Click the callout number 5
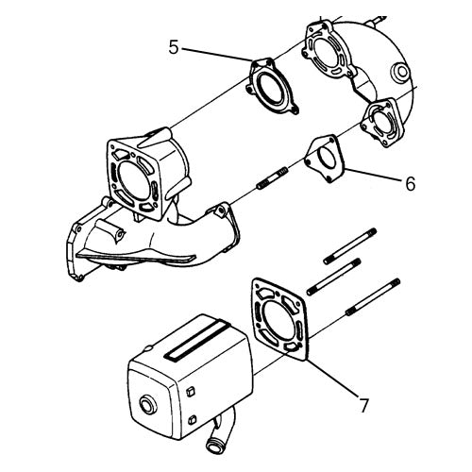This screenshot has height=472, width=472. [x=174, y=47]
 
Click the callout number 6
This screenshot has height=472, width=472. [x=410, y=183]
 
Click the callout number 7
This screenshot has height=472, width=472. [x=363, y=405]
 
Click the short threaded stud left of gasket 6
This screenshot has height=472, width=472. [x=272, y=178]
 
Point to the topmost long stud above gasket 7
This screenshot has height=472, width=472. [x=350, y=246]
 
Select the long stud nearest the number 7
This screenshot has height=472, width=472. [x=373, y=296]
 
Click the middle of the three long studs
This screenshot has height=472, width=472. [x=333, y=277]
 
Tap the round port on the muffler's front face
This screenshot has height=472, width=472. [x=148, y=405]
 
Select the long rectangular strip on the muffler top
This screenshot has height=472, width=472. [x=197, y=340]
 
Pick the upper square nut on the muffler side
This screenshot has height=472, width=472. [x=191, y=392]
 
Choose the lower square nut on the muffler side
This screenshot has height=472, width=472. [x=192, y=420]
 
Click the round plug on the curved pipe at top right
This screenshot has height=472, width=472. [x=399, y=73]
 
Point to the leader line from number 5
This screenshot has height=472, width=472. [x=217, y=54]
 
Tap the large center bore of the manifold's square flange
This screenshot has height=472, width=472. [x=133, y=180]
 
